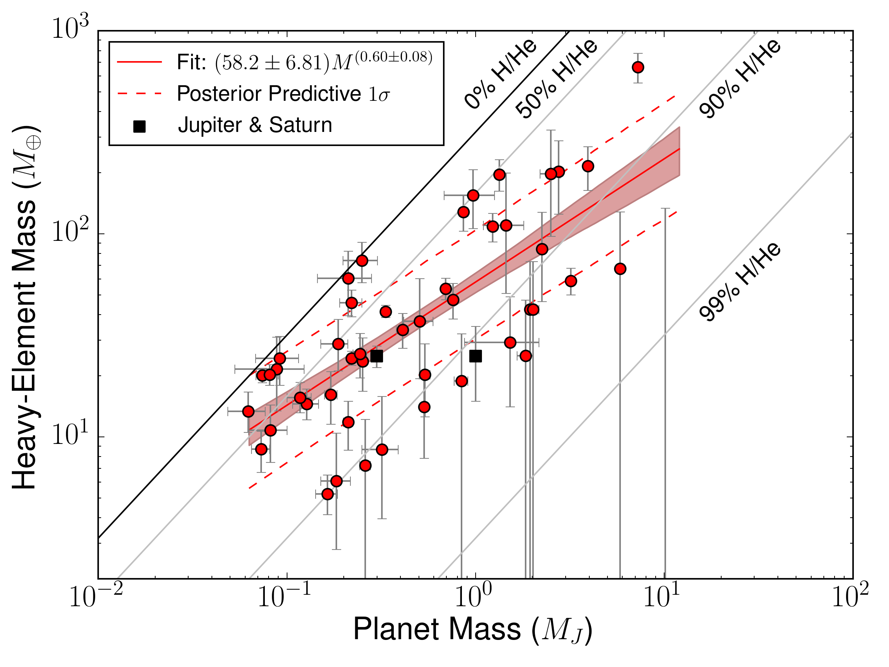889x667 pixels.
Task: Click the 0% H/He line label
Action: (x=501, y=74)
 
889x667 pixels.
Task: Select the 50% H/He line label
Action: (x=557, y=79)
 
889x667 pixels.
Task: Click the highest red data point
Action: (x=638, y=67)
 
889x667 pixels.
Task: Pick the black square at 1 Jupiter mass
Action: (x=476, y=356)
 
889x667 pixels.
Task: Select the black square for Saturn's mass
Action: (x=377, y=356)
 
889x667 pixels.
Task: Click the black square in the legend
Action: (x=139, y=127)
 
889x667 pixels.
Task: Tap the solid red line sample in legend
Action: (x=139, y=62)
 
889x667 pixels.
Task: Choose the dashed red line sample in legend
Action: (x=139, y=94)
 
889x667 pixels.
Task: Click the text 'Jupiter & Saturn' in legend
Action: (x=255, y=125)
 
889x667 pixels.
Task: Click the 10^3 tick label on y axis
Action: (x=70, y=29)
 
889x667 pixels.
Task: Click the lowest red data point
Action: (x=327, y=494)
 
